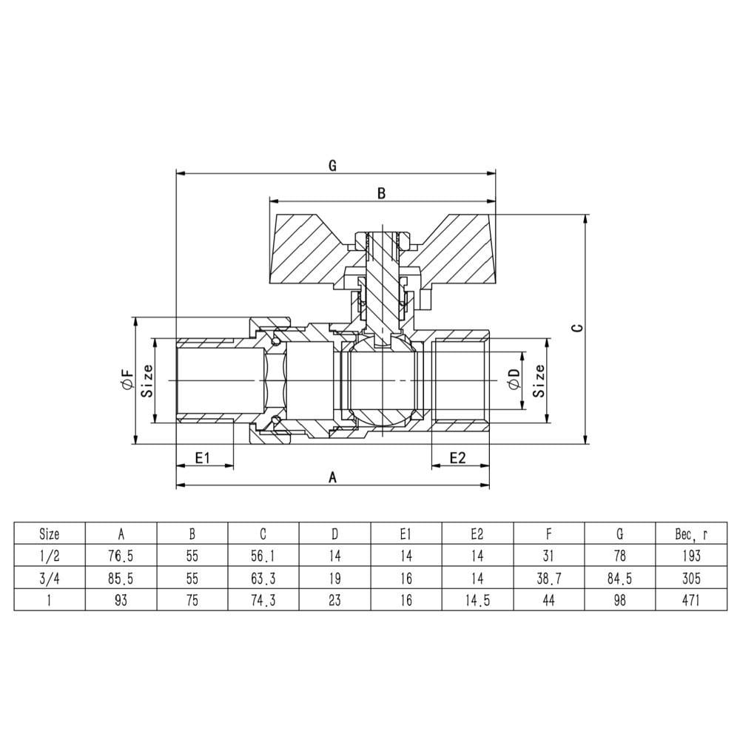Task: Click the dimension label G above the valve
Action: point(332,166)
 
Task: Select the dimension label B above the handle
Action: point(381,193)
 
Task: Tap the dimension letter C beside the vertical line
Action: point(577,328)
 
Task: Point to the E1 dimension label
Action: point(202,457)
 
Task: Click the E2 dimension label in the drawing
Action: point(457,457)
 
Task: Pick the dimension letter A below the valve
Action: point(333,477)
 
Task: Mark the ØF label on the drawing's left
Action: point(128,380)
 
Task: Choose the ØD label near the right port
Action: point(514,379)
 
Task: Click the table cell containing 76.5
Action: point(121,556)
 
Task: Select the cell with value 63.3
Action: point(263,578)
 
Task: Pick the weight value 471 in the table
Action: point(691,600)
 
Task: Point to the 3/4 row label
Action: point(50,578)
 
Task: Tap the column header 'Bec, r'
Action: point(691,534)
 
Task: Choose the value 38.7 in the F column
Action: point(548,578)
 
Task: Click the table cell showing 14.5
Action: point(477,600)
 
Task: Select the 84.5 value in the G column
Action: point(619,578)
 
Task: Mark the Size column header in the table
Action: point(50,534)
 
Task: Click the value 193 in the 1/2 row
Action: point(691,556)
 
